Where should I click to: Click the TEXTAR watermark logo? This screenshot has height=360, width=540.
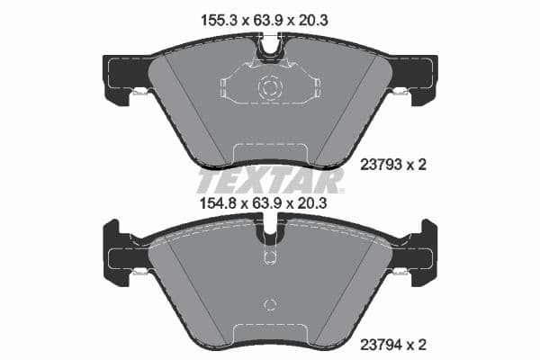coord(270,180)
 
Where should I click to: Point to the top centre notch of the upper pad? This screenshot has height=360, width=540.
coord(270,48)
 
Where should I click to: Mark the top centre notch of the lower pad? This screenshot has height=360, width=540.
coord(270,232)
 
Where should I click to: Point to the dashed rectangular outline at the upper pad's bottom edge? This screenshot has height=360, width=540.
coord(270,155)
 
